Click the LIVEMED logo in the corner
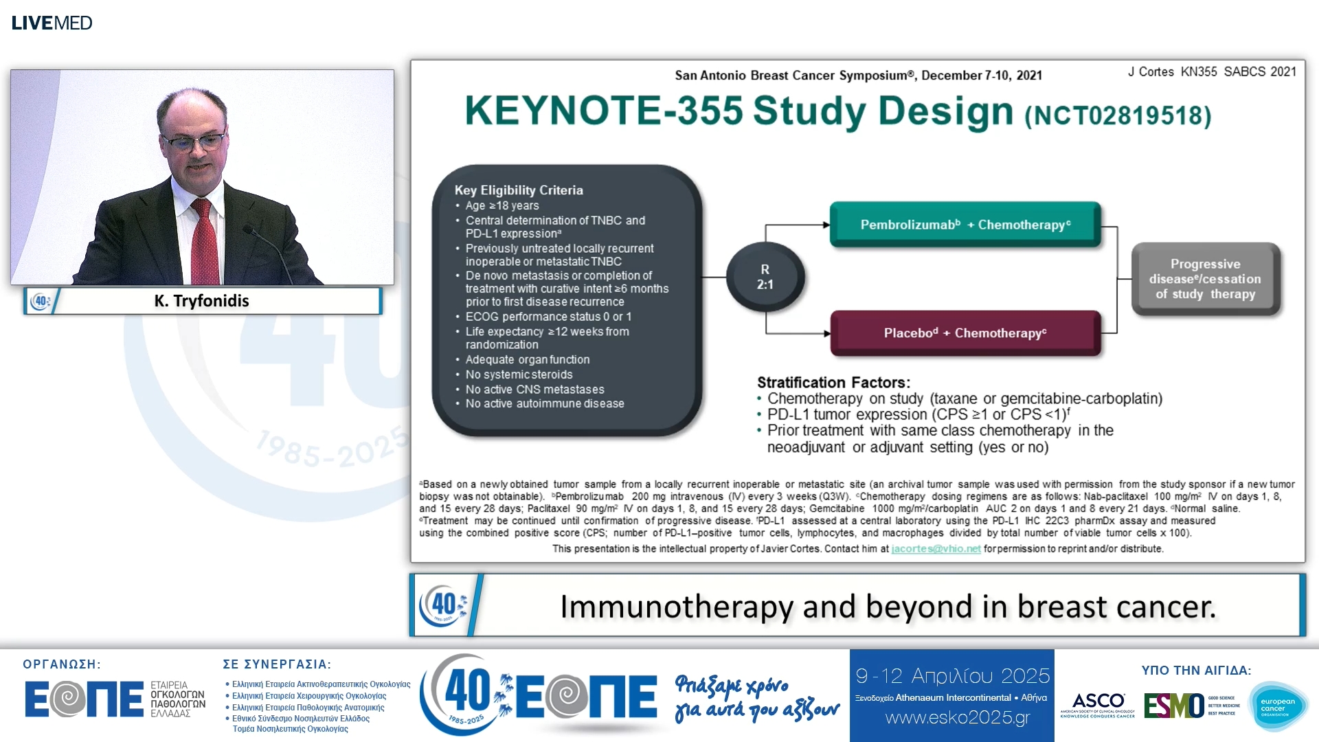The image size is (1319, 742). pyautogui.click(x=52, y=23)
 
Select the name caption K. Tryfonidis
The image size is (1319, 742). pyautogui.click(x=201, y=301)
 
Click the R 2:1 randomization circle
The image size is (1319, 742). pyautogui.click(x=765, y=277)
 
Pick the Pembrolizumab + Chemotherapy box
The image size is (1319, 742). pyautogui.click(x=965, y=225)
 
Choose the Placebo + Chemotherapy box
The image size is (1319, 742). pyautogui.click(x=965, y=333)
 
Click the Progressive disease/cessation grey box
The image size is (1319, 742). pyautogui.click(x=1205, y=279)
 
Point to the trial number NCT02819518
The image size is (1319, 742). pyautogui.click(x=1118, y=115)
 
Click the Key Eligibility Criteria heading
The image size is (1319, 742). pyautogui.click(x=519, y=190)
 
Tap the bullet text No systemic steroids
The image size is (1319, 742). pyautogui.click(x=519, y=374)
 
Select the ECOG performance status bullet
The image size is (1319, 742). pyautogui.click(x=548, y=317)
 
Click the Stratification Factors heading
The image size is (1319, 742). pyautogui.click(x=833, y=383)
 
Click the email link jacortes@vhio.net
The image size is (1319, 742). pyautogui.click(x=936, y=549)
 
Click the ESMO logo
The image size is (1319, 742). pyautogui.click(x=1174, y=706)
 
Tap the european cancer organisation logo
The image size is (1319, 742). pyautogui.click(x=1278, y=706)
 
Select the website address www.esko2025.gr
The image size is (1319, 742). pyautogui.click(x=958, y=718)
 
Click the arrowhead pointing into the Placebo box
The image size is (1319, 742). pyautogui.click(x=826, y=334)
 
